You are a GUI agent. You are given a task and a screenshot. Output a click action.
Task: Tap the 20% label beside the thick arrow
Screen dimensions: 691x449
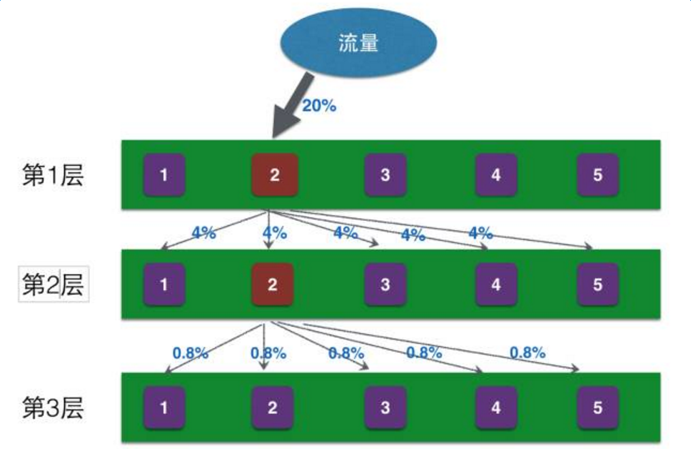[x=318, y=106]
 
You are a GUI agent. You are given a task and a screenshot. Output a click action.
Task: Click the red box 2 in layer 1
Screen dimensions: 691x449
[x=274, y=175]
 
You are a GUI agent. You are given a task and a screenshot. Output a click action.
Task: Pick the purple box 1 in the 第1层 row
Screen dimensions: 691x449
[x=164, y=175]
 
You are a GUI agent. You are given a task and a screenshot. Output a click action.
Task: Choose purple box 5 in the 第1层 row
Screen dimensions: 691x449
[x=597, y=175]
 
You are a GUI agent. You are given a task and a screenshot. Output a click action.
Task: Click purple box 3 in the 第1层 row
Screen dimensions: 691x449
[x=385, y=175]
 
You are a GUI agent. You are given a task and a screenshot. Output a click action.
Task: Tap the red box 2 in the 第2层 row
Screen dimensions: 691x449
[x=272, y=285]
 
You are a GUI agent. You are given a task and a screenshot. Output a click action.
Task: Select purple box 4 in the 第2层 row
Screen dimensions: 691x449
[x=496, y=285]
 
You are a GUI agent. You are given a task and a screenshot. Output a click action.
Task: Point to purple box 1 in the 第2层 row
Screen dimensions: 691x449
[x=164, y=285]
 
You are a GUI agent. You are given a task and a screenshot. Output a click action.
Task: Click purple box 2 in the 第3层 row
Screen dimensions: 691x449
[x=272, y=408]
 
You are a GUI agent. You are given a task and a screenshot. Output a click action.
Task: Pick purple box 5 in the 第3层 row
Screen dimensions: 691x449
[x=597, y=408]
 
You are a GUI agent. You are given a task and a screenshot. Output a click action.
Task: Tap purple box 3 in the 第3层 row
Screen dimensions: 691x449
[x=385, y=408]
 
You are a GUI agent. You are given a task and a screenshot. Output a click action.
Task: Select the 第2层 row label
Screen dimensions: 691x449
[x=54, y=285]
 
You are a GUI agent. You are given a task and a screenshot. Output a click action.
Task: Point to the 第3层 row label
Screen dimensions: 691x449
[x=54, y=408]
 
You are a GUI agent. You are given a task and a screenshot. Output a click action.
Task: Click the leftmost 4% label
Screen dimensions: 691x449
[x=203, y=232]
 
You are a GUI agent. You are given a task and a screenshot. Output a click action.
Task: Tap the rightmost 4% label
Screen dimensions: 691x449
[x=480, y=233]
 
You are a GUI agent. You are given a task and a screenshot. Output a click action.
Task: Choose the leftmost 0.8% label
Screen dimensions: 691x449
[x=190, y=352]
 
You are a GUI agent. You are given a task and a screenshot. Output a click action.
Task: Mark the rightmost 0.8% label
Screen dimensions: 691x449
[x=528, y=352]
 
